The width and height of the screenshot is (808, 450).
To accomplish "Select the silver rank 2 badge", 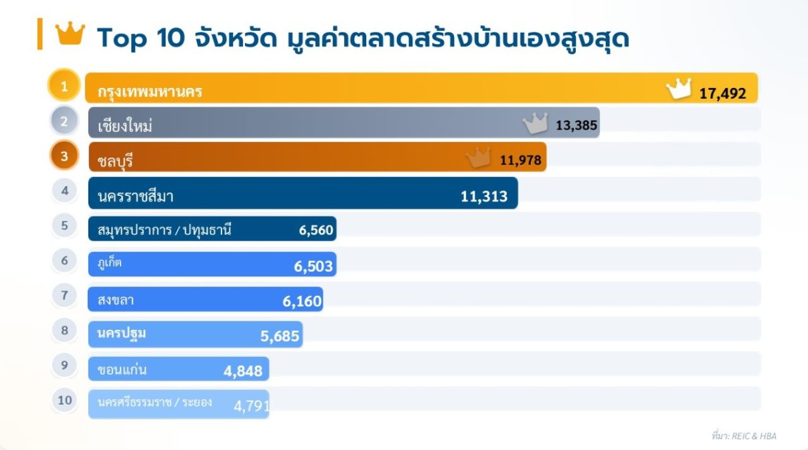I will [64, 121].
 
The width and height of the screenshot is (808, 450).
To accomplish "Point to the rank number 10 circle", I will [64, 400].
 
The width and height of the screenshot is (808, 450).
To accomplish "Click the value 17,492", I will [722, 94].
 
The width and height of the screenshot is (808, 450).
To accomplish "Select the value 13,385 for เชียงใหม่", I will [576, 125].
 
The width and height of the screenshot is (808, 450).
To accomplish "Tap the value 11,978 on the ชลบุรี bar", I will [520, 161].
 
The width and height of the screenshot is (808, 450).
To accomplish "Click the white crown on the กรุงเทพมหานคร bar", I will [679, 89].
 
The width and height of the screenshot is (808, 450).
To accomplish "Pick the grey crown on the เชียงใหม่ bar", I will [535, 123].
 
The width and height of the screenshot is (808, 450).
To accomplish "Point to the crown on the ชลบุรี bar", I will [478, 157].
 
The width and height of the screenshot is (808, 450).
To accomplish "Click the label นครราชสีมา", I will [136, 197].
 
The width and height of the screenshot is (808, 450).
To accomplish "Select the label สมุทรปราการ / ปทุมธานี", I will [164, 230].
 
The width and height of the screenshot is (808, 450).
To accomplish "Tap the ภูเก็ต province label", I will [110, 263].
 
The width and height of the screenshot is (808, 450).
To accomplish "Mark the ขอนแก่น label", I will [122, 370].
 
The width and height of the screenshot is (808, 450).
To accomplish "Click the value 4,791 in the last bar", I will [252, 406].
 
